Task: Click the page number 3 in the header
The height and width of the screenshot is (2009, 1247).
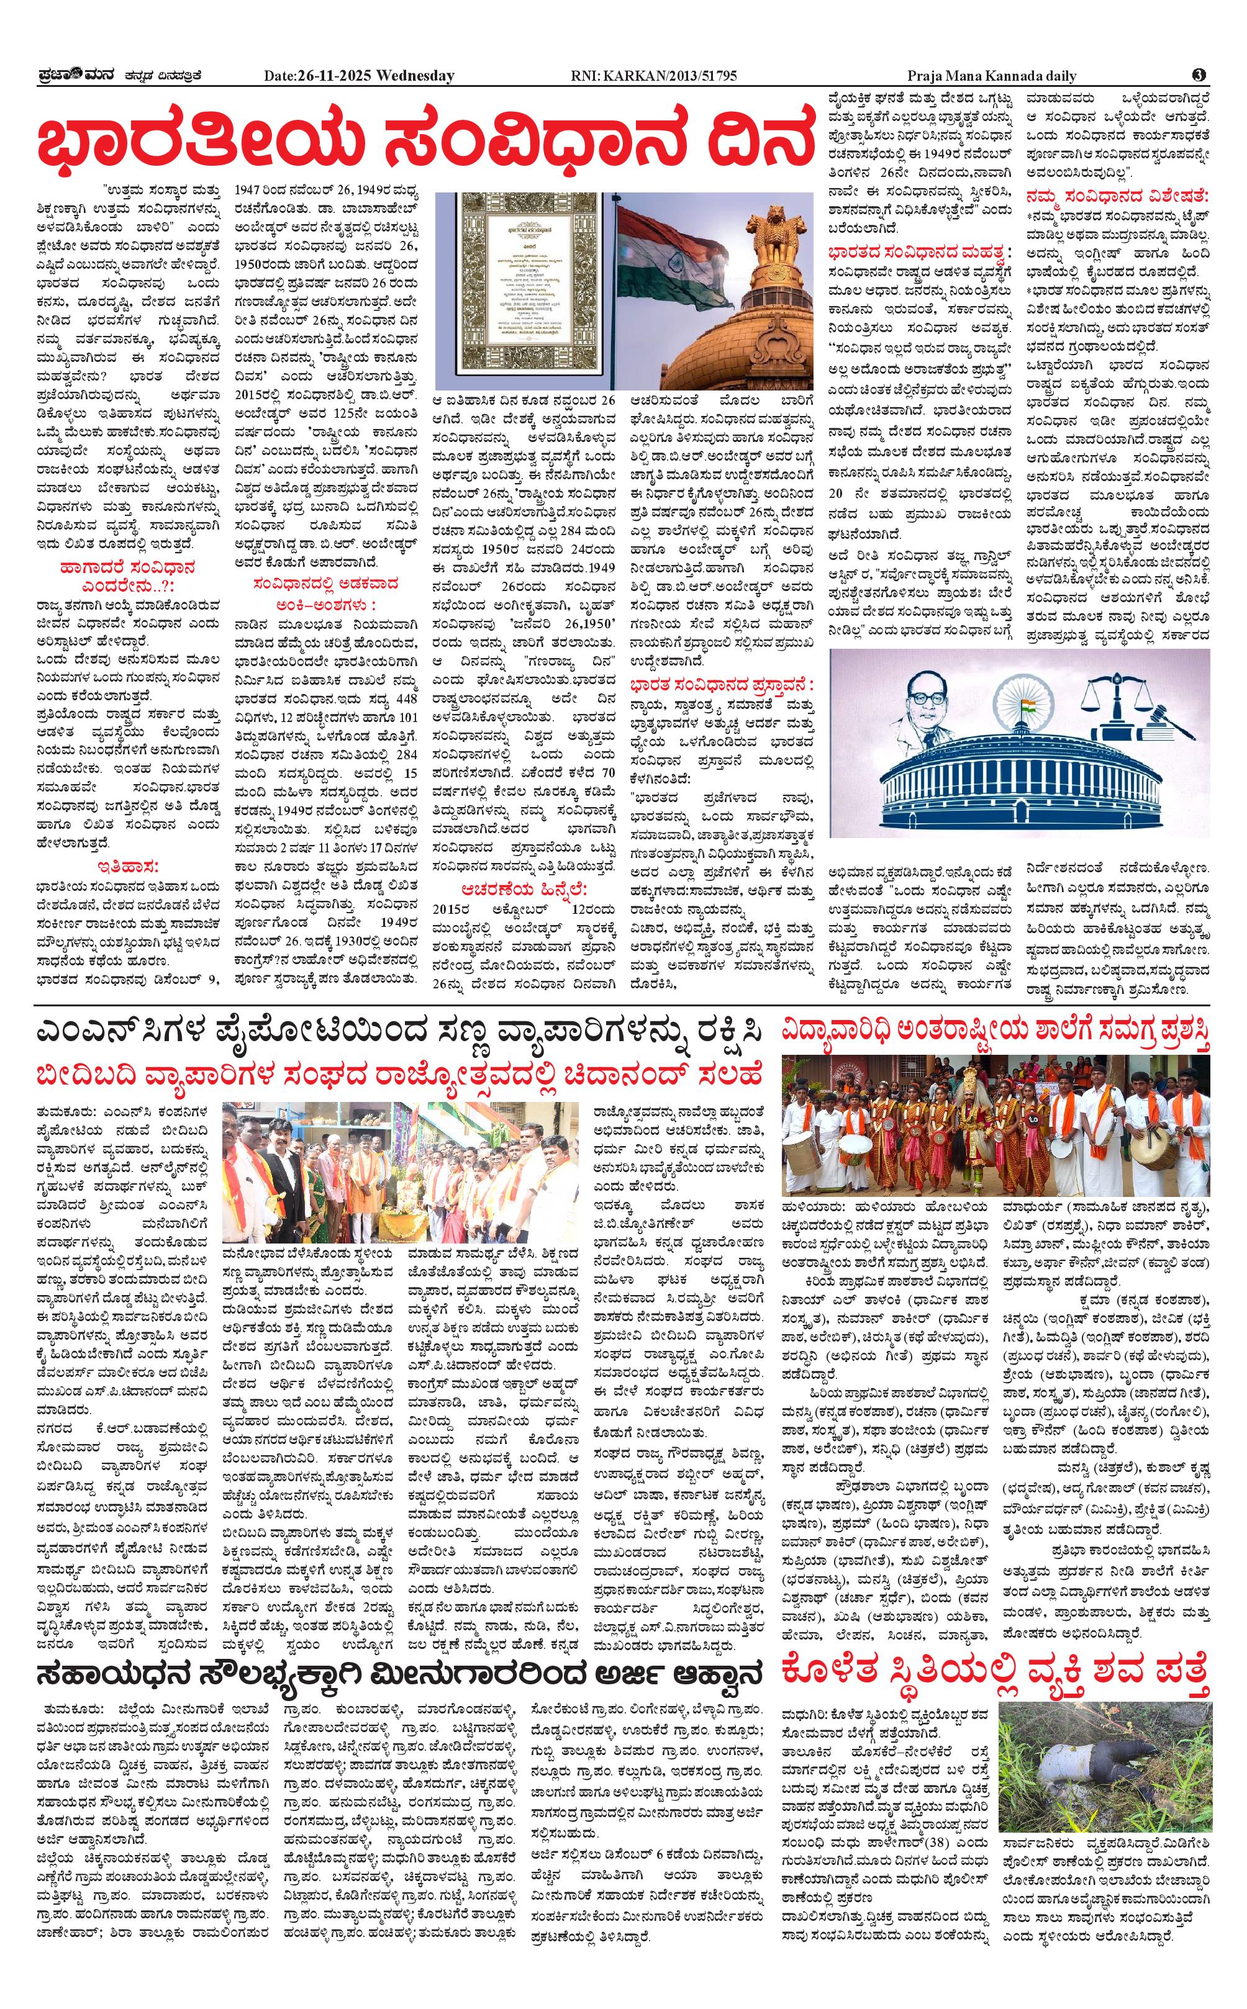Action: tap(1199, 75)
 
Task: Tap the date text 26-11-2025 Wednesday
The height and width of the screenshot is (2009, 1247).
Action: tap(359, 76)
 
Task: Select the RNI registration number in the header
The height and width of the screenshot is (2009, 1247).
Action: tap(653, 76)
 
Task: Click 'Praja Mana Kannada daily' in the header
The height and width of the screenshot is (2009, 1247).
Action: tap(992, 76)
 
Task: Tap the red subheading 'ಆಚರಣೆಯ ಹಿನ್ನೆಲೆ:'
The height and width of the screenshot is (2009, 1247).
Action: tap(525, 888)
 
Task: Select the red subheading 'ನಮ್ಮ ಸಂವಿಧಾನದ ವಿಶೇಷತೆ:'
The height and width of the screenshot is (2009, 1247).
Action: tap(1117, 194)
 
